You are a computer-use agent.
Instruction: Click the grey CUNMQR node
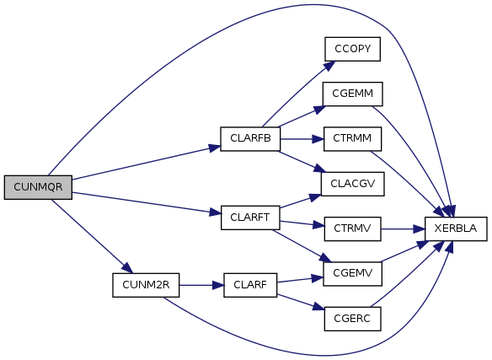click(38, 187)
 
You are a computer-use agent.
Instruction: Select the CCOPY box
click(353, 49)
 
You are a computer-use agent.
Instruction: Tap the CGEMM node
click(353, 94)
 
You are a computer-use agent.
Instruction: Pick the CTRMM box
click(353, 139)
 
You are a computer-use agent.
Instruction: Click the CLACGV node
click(353, 184)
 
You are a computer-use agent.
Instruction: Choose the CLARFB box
click(250, 139)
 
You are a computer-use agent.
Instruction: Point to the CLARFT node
click(250, 218)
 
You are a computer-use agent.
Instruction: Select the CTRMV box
click(353, 228)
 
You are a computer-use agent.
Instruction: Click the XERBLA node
click(456, 228)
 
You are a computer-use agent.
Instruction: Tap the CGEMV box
click(353, 274)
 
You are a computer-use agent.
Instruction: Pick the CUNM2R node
click(146, 285)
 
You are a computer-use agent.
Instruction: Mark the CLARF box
click(250, 285)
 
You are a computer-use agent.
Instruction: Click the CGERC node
click(353, 319)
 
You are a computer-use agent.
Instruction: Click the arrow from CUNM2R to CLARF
click(201, 285)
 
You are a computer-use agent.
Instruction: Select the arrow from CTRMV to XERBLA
click(403, 229)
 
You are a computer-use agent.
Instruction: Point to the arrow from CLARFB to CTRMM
click(302, 139)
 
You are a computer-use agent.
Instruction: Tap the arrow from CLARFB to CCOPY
click(298, 94)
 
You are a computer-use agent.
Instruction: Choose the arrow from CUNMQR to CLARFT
click(147, 203)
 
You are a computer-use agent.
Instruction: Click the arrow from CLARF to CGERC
click(300, 302)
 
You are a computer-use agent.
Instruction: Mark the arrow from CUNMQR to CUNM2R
click(93, 236)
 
